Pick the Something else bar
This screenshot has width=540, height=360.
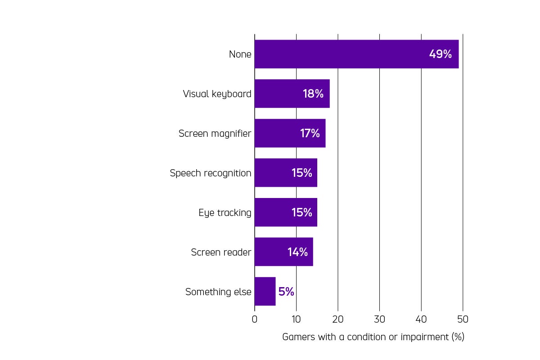(265, 292)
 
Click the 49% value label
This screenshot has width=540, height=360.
(440, 54)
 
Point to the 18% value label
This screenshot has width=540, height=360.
(313, 94)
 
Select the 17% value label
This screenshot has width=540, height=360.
(310, 133)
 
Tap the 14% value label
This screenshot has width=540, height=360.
(297, 252)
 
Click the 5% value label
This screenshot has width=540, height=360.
(286, 292)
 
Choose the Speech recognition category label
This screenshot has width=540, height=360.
(210, 173)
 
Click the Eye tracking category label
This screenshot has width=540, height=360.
(225, 213)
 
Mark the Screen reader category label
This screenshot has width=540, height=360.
(221, 252)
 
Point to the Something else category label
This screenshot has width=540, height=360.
(218, 292)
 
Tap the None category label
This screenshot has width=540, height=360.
(240, 54)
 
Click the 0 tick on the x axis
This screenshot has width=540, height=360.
(255, 319)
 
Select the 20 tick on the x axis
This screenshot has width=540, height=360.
(338, 319)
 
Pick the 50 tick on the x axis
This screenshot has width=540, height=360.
(463, 319)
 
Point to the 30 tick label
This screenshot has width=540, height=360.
(379, 319)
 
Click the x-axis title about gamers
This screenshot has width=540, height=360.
(373, 337)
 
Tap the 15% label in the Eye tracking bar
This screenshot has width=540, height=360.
(301, 212)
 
